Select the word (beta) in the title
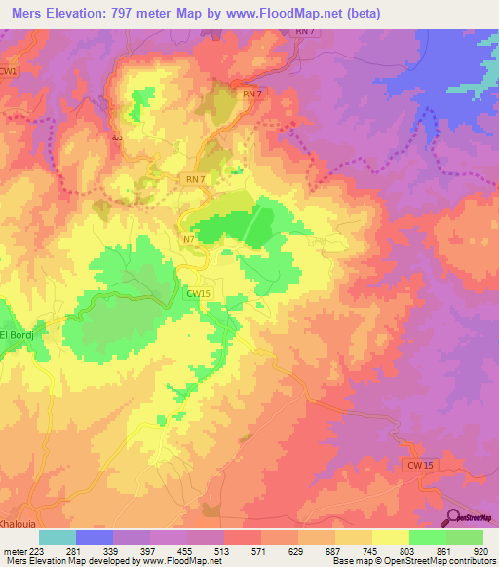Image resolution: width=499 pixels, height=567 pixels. point(358,13)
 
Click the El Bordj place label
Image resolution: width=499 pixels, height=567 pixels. point(18,336)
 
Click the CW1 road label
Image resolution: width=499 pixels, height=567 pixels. point(9,72)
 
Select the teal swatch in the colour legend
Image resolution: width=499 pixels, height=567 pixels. point(58,536)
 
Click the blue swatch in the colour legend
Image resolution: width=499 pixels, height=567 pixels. point(95,536)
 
